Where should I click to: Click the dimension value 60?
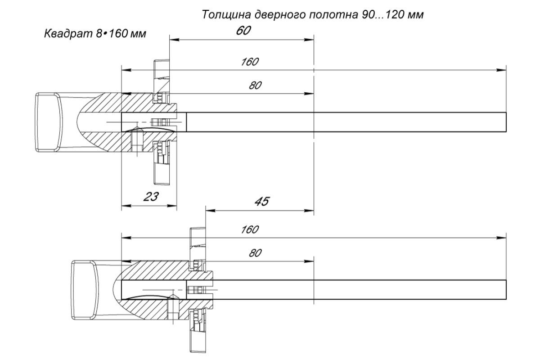point(243,31)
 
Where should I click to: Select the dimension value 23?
point(151,197)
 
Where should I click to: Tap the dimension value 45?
point(262,201)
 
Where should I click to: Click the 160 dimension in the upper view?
point(250,62)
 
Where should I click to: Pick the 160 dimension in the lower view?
point(250,229)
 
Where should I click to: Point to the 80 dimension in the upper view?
point(255,85)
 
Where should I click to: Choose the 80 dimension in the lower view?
point(255,253)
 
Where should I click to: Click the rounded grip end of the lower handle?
point(85,290)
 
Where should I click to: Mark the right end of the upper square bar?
point(506,122)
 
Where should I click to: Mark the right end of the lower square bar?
point(506,290)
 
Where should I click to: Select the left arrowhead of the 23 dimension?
point(126,206)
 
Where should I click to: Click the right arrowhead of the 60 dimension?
point(309,40)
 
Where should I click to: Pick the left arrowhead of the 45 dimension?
point(210,211)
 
